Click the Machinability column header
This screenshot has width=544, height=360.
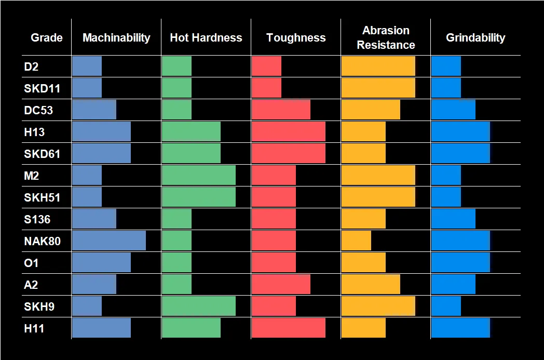click(x=116, y=37)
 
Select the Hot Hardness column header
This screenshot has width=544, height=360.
click(x=206, y=37)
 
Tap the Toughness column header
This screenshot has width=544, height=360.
click(x=296, y=37)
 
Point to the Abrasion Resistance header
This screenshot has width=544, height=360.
click(x=386, y=37)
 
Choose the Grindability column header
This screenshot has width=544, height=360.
click(x=475, y=37)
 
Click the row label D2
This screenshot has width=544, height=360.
click(x=31, y=66)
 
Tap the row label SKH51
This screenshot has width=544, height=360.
click(x=42, y=197)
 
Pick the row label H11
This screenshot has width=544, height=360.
click(x=34, y=328)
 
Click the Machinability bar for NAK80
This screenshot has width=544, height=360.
click(x=109, y=241)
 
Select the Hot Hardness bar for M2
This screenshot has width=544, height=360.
click(x=199, y=176)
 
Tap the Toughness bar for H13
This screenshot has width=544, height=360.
click(x=289, y=132)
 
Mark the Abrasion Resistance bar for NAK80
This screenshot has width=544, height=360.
click(x=356, y=241)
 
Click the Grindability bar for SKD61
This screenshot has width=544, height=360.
click(x=460, y=154)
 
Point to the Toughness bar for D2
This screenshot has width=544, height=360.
click(x=266, y=66)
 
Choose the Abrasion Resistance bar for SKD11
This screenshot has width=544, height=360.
click(x=378, y=88)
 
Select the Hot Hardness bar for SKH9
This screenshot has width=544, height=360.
click(x=199, y=306)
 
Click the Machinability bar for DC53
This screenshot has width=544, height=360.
click(x=94, y=110)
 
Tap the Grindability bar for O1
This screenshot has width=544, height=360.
click(x=460, y=263)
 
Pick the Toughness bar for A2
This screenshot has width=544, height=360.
click(x=281, y=285)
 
